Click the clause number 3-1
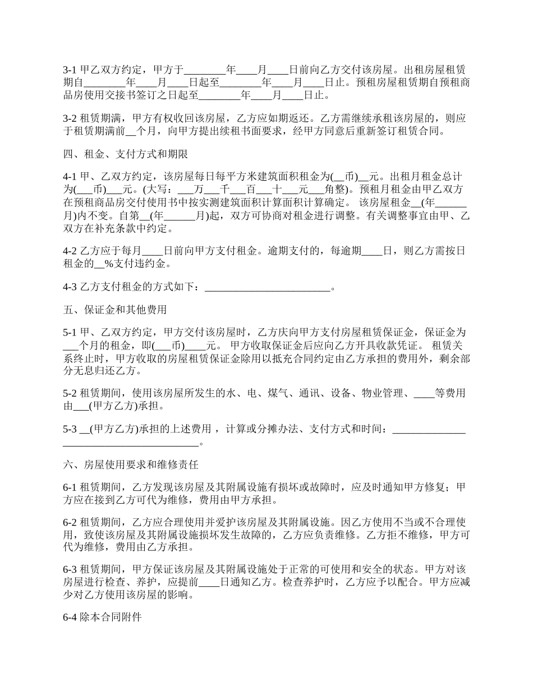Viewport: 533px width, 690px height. coord(70,71)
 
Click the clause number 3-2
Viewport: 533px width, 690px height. coord(70,119)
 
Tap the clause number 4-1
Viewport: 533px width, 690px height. coord(70,176)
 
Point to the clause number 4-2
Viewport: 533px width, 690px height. coord(70,251)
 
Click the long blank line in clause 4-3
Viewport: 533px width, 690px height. coord(268,288)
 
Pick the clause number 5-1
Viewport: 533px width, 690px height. coord(70,333)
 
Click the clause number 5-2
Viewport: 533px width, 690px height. coord(70,393)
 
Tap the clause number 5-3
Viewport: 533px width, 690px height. coord(70,430)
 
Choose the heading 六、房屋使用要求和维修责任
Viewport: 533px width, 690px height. coord(130,465)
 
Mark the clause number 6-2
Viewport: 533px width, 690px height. coord(70,522)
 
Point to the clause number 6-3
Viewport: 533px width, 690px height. coord(70,570)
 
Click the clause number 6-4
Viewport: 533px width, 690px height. coord(70,618)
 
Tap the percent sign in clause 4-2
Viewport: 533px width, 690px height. coord(108,264)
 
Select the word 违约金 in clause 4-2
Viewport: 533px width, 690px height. coord(154,264)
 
